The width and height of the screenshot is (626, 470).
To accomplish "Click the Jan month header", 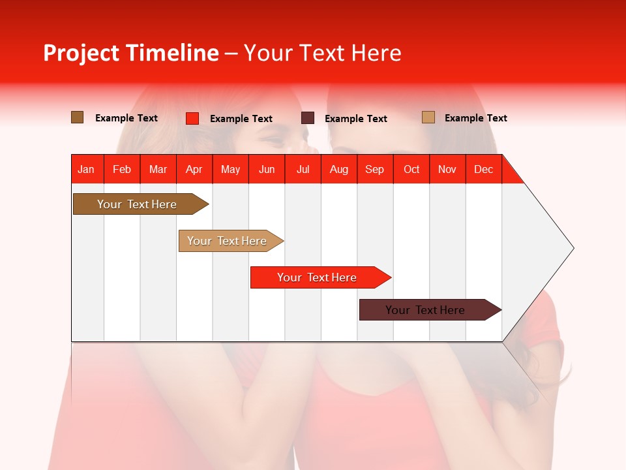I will pos(87,169).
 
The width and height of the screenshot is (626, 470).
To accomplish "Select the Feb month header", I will pos(122,169).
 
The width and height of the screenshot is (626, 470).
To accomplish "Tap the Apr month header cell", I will pos(194,169).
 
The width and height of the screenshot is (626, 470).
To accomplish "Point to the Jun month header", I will pos(267,169).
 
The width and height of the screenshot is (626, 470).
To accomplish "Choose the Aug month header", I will pos(339,169).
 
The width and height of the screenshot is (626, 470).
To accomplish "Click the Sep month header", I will pos(375,169).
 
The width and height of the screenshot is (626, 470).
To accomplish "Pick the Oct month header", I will pos(411,169).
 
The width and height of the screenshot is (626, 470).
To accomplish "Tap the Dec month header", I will pos(484,169).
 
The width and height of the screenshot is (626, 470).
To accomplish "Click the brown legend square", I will pos(78,117).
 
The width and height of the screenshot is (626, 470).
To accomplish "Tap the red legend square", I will pos(192,118).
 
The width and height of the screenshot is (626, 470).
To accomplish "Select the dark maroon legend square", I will pos(308,118).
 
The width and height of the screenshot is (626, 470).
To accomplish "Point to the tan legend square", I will pos(428,117).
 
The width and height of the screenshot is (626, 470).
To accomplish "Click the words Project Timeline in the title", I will pos(131,53).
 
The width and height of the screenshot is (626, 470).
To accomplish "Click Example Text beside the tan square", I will pos(475,118).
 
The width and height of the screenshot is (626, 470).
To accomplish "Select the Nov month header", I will pos(447,169).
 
